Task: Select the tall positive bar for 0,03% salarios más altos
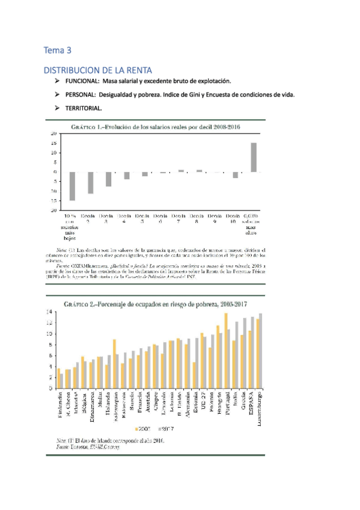point(254,157)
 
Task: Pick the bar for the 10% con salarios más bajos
point(72,186)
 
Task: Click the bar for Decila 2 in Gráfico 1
point(91,183)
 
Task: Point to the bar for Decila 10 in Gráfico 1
point(236,175)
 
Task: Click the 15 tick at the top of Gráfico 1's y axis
point(53,143)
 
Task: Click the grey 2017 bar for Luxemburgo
point(260,351)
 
